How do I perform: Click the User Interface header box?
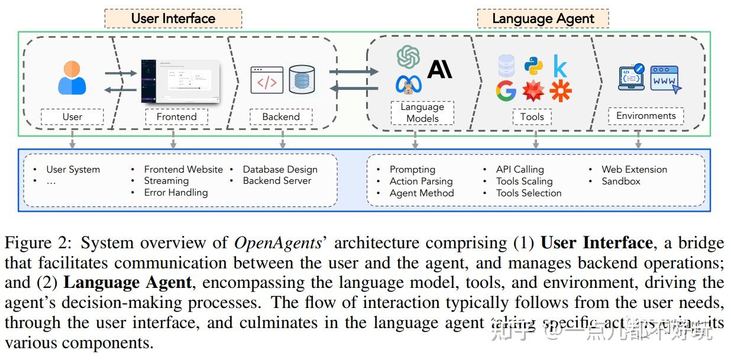pos(173,18)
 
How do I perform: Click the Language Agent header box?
pos(542,18)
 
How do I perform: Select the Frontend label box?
pos(176,117)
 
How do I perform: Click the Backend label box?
pos(281,117)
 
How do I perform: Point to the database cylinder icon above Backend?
pos(302,80)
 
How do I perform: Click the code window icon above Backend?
pos(267,80)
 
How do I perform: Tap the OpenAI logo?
pos(409,57)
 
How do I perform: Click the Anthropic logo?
pos(439,69)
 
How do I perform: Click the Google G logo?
pos(506,91)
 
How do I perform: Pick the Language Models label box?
pos(422,113)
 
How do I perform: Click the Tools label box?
pos(532,117)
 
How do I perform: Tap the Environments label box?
pos(645,116)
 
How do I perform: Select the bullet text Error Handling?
pos(176,193)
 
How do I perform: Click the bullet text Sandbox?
pos(620,181)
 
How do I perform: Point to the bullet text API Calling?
pos(520,170)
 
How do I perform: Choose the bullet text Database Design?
pos(280,170)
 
